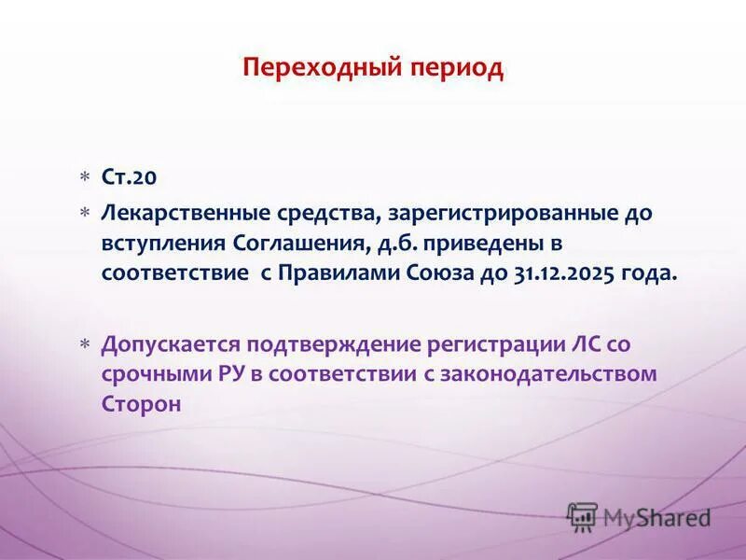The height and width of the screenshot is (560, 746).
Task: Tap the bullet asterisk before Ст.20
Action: [x=84, y=177]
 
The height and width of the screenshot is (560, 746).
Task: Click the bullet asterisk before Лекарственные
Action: [x=84, y=213]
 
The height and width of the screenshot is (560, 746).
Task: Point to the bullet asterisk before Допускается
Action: [x=84, y=344]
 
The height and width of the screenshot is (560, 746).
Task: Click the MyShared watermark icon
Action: [x=582, y=516]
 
